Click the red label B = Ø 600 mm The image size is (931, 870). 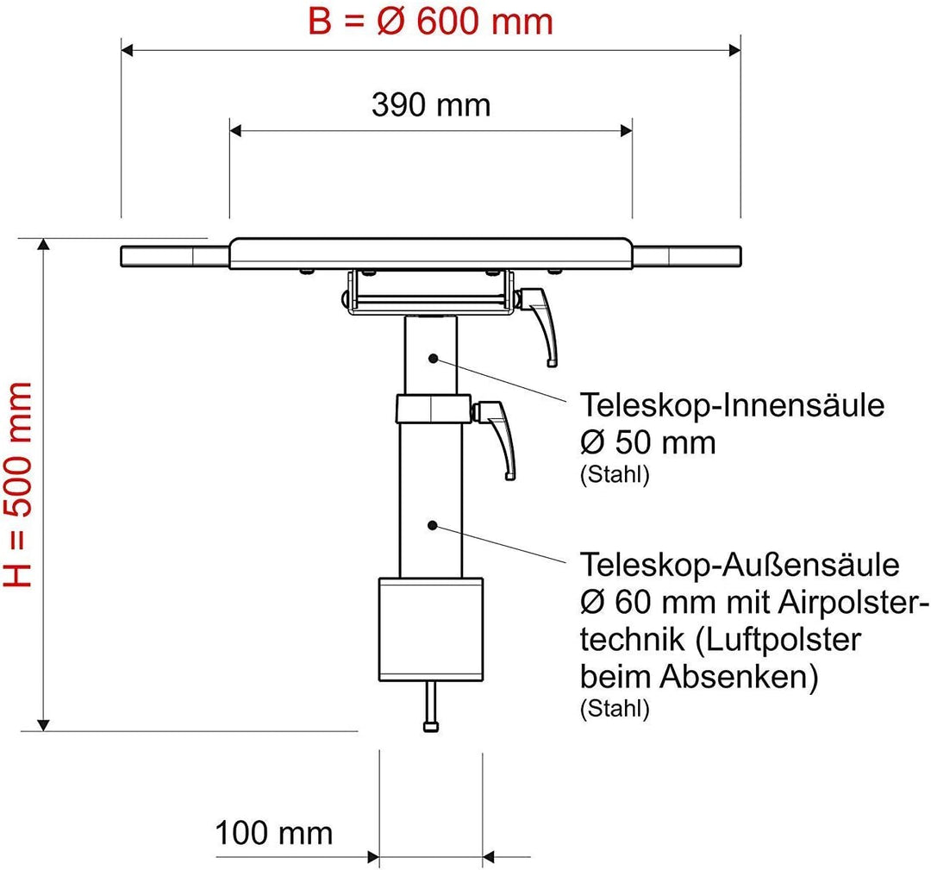point(430,22)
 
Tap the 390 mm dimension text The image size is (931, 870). point(431,105)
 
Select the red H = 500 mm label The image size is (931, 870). point(18,484)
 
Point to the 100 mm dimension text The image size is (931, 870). point(274,833)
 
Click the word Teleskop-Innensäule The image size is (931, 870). point(732,405)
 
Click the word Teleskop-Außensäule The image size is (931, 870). point(740,564)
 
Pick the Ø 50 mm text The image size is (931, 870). point(647,442)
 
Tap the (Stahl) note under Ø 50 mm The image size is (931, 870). point(615,475)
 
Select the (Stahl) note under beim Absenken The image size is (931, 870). point(615,709)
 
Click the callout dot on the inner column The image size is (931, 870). point(434,358)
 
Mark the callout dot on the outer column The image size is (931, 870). point(433,525)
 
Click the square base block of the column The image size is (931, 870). point(431,629)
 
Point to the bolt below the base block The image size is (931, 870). point(431,706)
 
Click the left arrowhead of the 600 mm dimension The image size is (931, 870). point(128,51)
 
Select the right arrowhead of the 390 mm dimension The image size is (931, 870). point(625,131)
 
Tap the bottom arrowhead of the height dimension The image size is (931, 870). point(43,724)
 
